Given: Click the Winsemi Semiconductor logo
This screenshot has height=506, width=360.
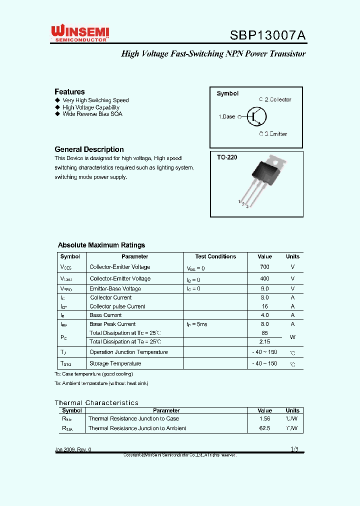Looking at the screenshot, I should (80, 34).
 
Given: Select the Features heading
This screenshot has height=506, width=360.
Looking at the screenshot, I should (69, 91).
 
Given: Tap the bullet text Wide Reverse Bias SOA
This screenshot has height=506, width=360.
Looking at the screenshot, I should (92, 114).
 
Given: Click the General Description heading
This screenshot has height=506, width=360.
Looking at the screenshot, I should (89, 149).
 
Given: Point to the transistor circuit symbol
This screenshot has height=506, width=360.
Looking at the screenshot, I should (256, 116).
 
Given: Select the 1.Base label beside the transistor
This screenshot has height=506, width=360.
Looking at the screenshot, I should (226, 116).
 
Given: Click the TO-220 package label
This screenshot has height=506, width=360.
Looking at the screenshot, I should (227, 157).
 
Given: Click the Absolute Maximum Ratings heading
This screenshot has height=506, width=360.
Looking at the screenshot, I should (101, 245).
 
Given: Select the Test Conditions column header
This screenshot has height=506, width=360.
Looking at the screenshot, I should (215, 256).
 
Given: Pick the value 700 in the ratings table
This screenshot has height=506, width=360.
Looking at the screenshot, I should (264, 267).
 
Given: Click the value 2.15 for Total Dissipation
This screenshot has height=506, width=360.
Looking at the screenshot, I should (264, 341).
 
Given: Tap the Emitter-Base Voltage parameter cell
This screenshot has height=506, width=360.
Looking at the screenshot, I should (115, 288).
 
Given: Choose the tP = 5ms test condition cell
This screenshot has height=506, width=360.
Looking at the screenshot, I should (197, 324).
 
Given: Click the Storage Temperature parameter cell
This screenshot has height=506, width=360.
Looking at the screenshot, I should (115, 363).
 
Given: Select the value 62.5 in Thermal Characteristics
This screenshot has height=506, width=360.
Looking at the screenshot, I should (264, 428).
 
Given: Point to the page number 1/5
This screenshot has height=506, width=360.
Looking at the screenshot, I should (294, 449).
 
